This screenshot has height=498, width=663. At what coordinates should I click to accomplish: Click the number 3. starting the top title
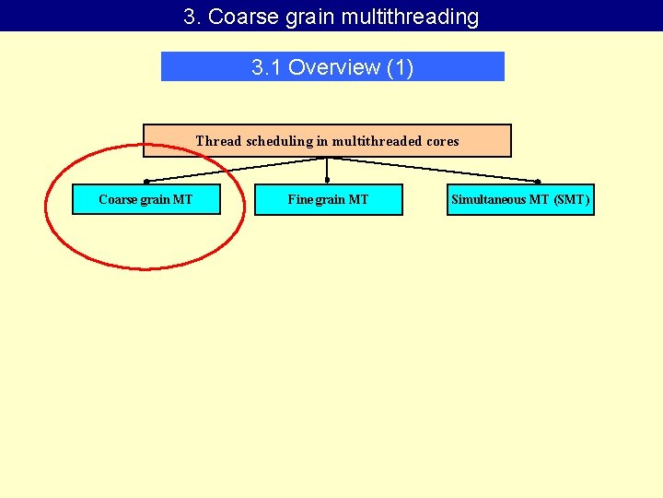click(x=192, y=17)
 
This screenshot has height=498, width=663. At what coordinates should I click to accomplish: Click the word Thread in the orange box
click(x=218, y=141)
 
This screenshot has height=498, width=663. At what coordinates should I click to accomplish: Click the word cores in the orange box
click(x=441, y=141)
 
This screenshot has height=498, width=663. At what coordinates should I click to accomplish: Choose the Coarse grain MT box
click(x=146, y=199)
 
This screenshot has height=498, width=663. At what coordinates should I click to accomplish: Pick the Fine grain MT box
click(x=328, y=199)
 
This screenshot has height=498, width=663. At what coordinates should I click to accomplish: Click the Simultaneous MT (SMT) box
click(x=520, y=199)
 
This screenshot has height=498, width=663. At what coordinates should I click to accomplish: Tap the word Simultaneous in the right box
click(x=488, y=199)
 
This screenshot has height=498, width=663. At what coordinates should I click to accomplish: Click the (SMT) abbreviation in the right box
click(x=571, y=199)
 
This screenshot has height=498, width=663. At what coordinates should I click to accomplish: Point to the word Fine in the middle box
click(x=299, y=199)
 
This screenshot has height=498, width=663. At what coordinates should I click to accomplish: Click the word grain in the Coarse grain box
click(x=156, y=199)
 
